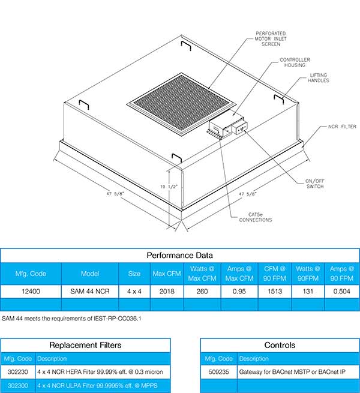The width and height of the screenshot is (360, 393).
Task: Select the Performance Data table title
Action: tap(179, 255)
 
